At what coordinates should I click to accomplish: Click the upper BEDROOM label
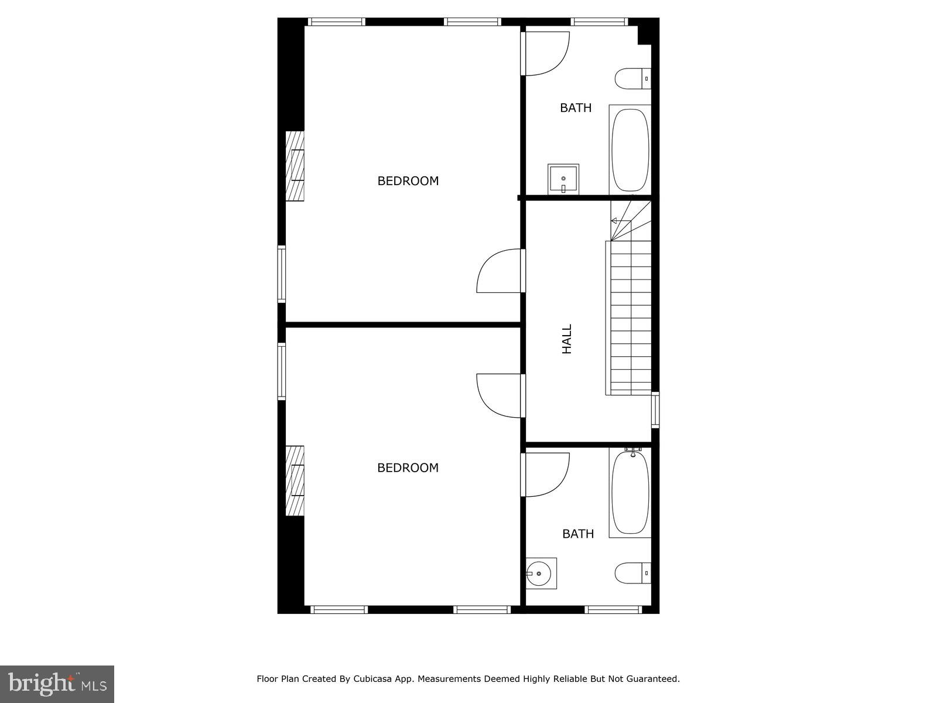click(408, 181)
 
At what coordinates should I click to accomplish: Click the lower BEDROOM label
click(408, 467)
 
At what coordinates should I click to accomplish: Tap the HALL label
click(567, 339)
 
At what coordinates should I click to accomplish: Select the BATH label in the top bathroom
click(576, 108)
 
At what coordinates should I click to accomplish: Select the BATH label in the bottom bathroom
click(578, 534)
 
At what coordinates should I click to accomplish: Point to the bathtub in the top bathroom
click(630, 149)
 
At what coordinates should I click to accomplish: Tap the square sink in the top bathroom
click(563, 179)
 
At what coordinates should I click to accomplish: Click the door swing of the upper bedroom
click(498, 271)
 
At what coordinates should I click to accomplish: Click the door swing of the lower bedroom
click(498, 395)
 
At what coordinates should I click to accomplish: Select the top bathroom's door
click(546, 53)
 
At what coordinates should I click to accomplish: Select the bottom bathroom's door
click(546, 473)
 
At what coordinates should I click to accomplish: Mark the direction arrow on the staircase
click(614, 221)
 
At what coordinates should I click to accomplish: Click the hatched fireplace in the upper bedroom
click(295, 166)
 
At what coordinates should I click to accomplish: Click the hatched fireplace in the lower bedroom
click(295, 481)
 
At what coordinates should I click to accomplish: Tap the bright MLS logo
click(57, 683)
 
